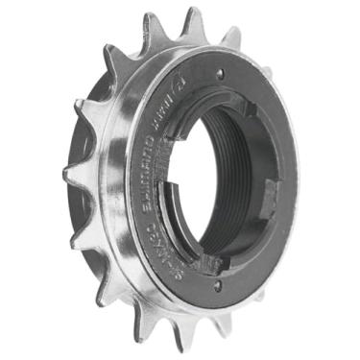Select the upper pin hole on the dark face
click(x=221, y=73)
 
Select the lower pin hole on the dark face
click(x=217, y=286)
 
